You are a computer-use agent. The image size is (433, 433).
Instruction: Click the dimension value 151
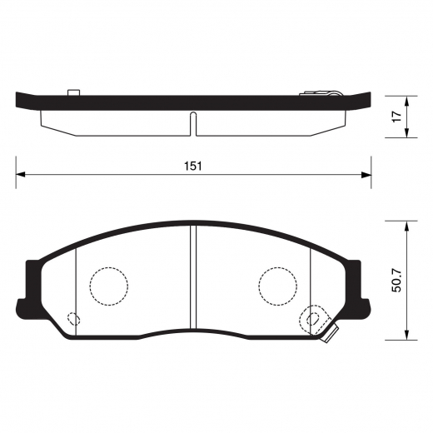coord(193,166)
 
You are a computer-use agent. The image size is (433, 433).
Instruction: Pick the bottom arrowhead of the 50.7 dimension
coord(406,337)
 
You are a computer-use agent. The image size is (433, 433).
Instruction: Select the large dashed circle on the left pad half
coord(109,286)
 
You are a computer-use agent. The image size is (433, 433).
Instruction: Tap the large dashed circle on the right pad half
coord(278,286)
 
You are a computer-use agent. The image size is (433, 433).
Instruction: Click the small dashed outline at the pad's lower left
coord(73,318)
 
